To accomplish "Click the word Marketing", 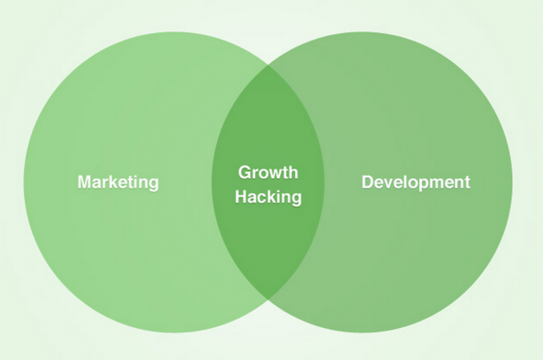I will (118, 182).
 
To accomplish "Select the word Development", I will (416, 182).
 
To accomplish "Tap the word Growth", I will (268, 172).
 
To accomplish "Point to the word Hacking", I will (268, 197).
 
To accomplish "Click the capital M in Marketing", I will (85, 182).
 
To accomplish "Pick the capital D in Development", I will (367, 182).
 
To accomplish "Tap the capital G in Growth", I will (245, 172).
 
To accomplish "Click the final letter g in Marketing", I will (153, 183).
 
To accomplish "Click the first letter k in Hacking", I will (273, 197).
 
